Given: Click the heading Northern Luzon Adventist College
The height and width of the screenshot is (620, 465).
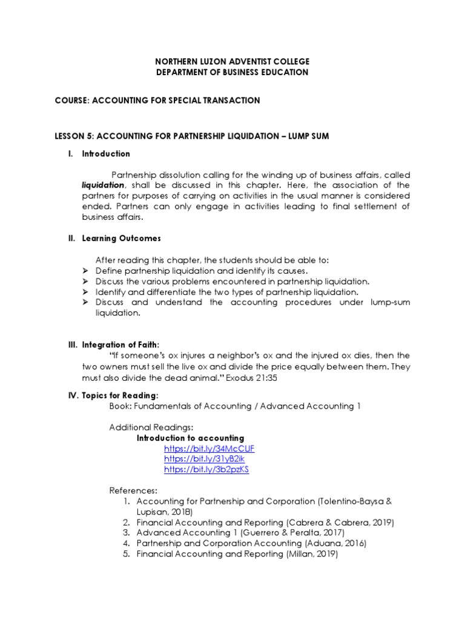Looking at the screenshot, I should coord(233,62).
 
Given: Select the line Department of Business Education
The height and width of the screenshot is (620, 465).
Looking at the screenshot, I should coord(233,72).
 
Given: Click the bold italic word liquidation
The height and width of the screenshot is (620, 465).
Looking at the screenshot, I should coord(103,185).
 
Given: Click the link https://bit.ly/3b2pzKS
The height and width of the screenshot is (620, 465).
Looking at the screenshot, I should coord(206,470).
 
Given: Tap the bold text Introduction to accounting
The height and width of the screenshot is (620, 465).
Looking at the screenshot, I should coord(190,438).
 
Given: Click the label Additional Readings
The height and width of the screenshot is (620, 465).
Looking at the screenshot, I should coord(143,427).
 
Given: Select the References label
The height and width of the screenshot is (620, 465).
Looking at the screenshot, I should coord(133,490).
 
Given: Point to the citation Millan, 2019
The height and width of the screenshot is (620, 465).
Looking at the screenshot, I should coord(312,553).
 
